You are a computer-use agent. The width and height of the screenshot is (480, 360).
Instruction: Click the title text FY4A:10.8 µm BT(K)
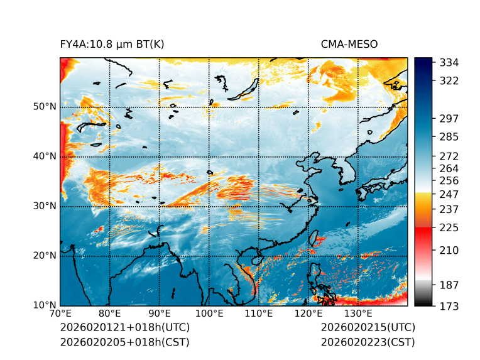tap(112, 44)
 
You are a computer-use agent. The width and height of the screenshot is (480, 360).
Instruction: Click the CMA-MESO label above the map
tap(349, 44)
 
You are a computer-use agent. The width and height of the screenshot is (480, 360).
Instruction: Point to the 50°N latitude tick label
tap(45, 107)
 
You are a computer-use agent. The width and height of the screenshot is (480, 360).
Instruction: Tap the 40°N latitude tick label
tap(45, 156)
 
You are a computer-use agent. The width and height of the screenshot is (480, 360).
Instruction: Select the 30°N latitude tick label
tap(45, 206)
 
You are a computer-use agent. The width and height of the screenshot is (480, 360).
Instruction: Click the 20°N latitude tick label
tap(45, 256)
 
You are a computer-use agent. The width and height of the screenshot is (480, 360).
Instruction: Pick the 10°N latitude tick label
tap(45, 305)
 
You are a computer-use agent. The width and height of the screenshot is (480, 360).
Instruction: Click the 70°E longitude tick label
tap(60, 314)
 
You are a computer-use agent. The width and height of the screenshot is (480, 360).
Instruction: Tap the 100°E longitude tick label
tap(209, 314)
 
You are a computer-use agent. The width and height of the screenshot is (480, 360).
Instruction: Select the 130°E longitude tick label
tap(358, 314)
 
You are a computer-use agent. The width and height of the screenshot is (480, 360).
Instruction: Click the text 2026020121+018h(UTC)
tap(124, 327)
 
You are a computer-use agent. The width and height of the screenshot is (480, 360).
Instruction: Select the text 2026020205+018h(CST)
tap(124, 342)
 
